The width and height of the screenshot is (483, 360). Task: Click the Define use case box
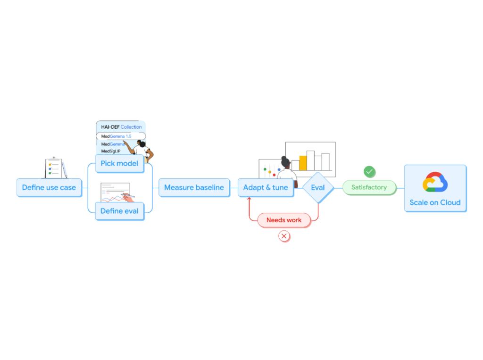coord(49,187)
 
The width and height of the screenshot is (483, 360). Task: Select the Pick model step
coord(119,163)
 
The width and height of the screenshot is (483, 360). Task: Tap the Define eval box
coord(119,211)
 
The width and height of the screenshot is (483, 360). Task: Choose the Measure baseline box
coord(194,187)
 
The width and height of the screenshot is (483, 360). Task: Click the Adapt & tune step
coord(266,187)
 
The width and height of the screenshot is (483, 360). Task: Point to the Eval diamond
coord(318,187)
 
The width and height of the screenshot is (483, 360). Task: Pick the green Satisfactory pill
coord(369,187)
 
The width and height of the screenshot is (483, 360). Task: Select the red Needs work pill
coord(284,220)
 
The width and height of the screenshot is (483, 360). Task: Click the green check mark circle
coord(369,172)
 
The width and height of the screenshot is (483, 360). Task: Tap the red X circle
coord(284,236)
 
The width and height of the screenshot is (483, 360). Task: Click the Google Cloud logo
coord(435,182)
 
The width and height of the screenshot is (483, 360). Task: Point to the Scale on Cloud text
coord(435,202)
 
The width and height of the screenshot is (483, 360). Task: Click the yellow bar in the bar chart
coord(303,163)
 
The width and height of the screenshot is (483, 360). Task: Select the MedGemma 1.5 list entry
coord(121,136)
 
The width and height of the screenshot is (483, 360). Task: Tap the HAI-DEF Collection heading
coord(121,127)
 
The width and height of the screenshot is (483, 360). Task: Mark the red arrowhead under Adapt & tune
coord(249,200)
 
